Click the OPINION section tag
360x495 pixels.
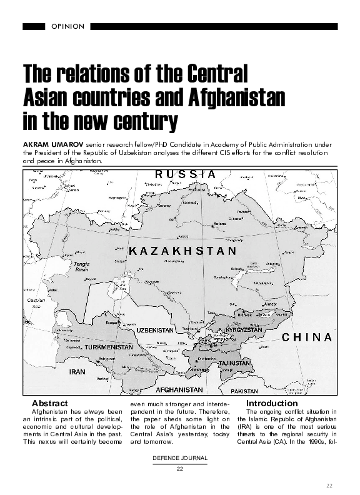(66, 26)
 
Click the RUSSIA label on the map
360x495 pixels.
(185, 174)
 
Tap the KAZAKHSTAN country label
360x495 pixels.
(182, 251)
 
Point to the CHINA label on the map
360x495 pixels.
(307, 337)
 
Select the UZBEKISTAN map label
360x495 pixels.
(154, 329)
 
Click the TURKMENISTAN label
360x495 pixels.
(109, 346)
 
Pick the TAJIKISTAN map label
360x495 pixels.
(235, 363)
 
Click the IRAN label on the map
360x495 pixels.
(77, 371)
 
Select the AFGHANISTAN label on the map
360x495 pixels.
(179, 390)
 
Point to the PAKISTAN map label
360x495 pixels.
(244, 391)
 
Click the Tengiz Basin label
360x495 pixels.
(82, 266)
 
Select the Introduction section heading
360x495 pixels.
(272, 403)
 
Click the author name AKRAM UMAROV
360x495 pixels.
(48, 143)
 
